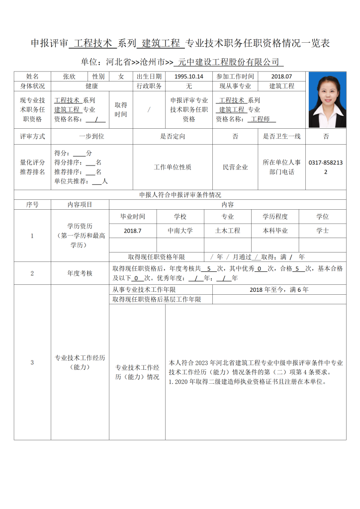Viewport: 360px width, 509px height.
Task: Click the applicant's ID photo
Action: [x=327, y=100]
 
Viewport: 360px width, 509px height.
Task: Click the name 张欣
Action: [x=69, y=77]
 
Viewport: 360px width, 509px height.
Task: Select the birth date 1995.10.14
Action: [x=189, y=77]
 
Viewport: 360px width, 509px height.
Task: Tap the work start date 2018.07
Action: [x=282, y=77]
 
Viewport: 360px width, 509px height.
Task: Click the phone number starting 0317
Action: [x=326, y=167]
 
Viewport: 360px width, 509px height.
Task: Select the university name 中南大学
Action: [x=180, y=231]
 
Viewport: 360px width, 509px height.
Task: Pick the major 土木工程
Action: [x=228, y=231]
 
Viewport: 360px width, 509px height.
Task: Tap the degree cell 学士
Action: [x=323, y=231]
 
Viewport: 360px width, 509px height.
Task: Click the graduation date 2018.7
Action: [x=133, y=231]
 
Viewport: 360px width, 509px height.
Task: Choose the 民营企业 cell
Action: [x=235, y=167]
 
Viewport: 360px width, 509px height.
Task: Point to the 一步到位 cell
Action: [x=91, y=136]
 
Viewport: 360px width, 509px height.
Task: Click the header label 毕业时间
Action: [x=133, y=217]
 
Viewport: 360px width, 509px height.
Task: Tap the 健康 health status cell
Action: [x=91, y=86]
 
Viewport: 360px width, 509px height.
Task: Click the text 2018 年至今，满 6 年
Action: [x=279, y=289]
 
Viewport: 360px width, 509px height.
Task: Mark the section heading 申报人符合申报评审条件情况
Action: [x=180, y=195]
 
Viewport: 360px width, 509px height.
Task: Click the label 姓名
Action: [x=32, y=77]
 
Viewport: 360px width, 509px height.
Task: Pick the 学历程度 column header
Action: [x=275, y=217]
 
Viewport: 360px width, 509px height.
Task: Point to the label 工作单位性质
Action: [x=173, y=167]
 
